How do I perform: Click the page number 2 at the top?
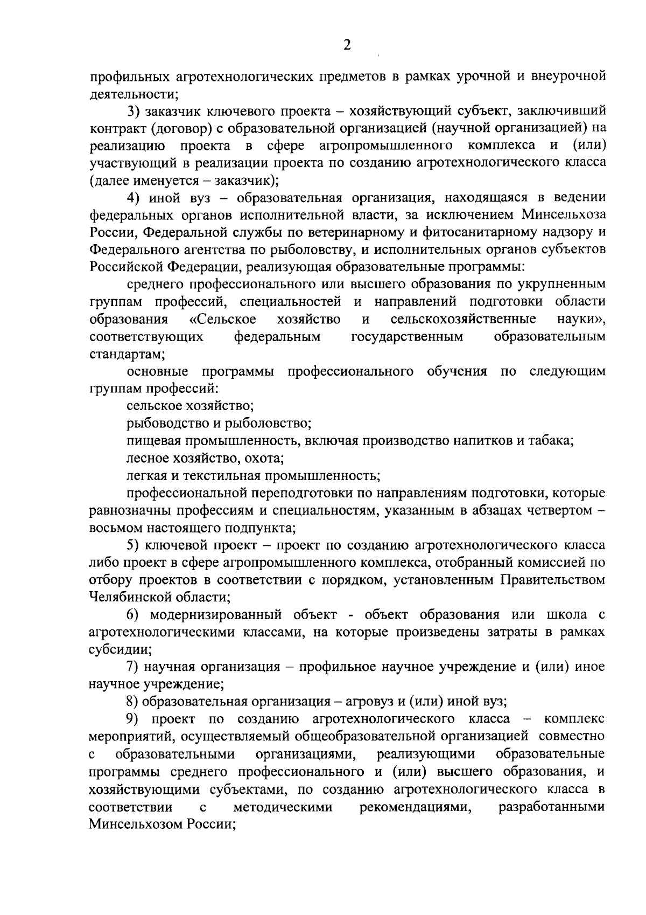click(x=347, y=45)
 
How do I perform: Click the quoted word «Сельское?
click(x=223, y=320)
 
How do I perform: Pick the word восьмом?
click(x=115, y=528)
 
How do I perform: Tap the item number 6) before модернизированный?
click(x=134, y=615)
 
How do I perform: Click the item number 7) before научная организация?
click(x=134, y=667)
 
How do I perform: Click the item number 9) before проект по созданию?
click(x=134, y=719)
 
